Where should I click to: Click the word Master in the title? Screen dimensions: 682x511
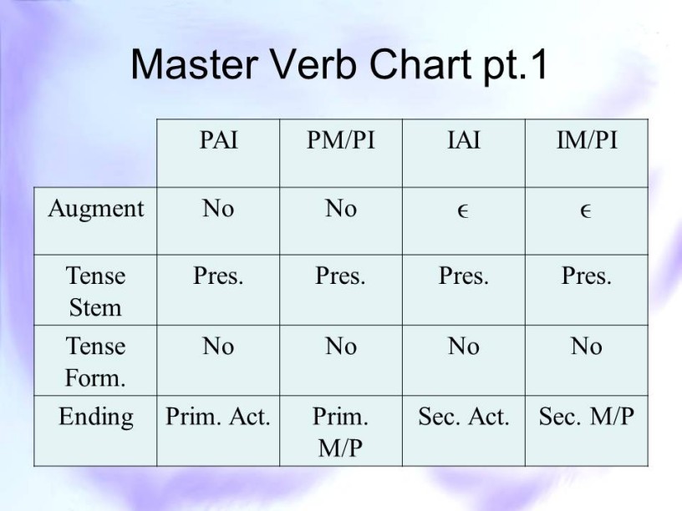click(x=195, y=64)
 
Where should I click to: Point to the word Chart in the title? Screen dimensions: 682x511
click(x=420, y=64)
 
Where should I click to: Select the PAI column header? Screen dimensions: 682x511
click(x=218, y=140)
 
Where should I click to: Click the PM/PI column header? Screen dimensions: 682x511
click(x=340, y=140)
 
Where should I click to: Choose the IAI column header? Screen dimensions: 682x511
click(x=464, y=140)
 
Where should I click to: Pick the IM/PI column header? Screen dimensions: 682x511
click(x=587, y=140)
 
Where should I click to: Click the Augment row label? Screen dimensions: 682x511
click(x=95, y=209)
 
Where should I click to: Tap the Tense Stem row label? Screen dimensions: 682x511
click(x=95, y=291)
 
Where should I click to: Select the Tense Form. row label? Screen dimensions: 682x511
click(x=95, y=362)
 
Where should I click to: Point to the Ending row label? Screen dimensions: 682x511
click(x=95, y=417)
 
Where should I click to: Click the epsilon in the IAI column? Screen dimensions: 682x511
click(x=463, y=211)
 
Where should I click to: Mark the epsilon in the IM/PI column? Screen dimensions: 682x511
click(x=586, y=211)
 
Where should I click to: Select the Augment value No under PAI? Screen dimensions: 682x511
click(x=218, y=209)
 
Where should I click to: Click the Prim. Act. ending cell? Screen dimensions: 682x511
click(x=218, y=417)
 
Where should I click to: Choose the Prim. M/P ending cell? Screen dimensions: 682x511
click(x=340, y=432)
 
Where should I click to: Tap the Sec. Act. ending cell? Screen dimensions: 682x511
click(x=464, y=417)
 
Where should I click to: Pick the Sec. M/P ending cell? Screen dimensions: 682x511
click(x=587, y=417)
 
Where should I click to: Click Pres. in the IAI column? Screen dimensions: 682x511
click(x=464, y=276)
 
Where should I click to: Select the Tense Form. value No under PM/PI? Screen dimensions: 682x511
click(x=341, y=347)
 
